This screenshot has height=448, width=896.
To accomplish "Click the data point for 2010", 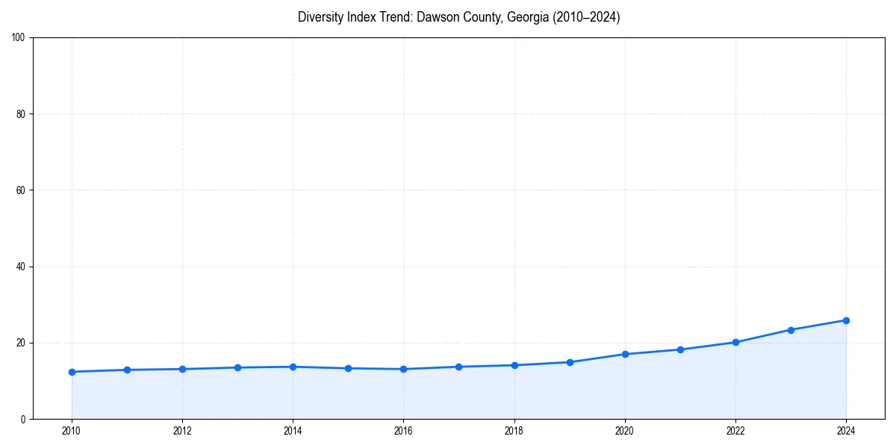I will [72, 372].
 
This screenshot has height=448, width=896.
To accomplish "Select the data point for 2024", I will [846, 320].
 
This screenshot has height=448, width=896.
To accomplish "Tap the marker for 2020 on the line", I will [625, 354].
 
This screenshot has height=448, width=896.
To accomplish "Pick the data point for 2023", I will [791, 329].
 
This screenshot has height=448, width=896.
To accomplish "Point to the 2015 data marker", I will [348, 368].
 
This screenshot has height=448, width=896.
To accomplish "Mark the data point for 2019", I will [570, 362].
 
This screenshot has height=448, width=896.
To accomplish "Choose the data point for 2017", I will [458, 367].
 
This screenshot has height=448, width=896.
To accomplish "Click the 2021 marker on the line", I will [680, 349].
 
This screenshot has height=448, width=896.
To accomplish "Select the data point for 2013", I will [237, 367].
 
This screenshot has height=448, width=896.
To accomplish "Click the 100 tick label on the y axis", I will [19, 37].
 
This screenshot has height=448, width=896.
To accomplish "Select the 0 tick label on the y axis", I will [24, 419].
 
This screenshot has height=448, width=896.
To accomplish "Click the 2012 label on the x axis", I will [182, 431].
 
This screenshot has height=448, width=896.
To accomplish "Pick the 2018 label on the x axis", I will [514, 431].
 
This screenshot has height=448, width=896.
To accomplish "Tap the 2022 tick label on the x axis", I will [735, 431].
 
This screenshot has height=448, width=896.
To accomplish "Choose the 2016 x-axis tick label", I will [403, 431].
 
